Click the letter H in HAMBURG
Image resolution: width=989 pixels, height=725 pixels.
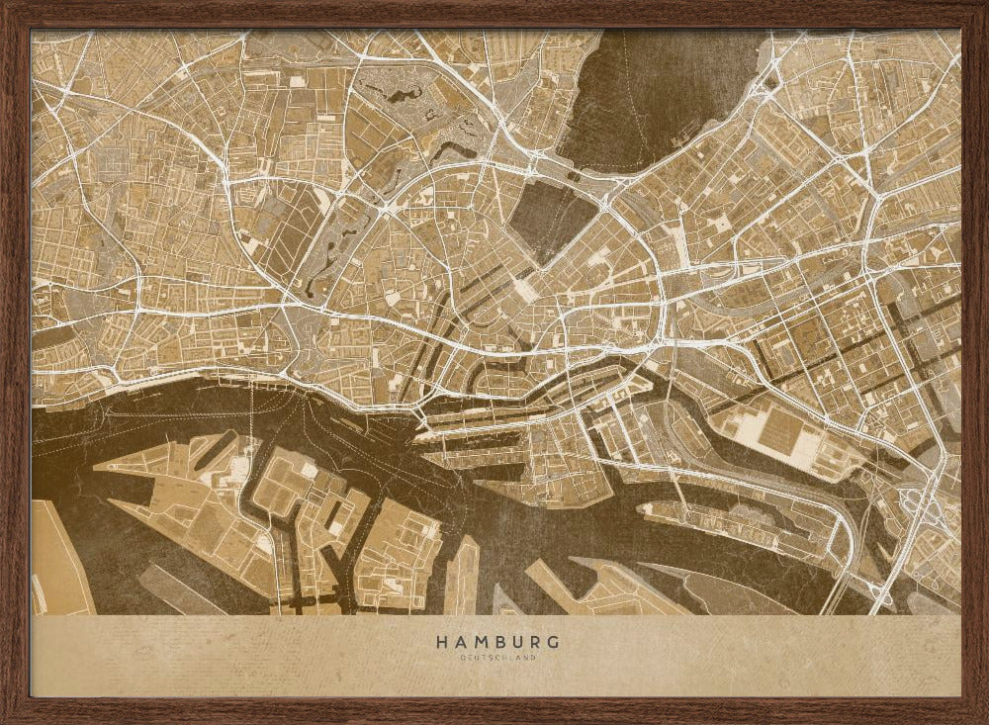(x=440, y=642)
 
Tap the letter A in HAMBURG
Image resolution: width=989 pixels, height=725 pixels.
(x=459, y=642)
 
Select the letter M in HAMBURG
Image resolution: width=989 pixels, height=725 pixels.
(x=480, y=642)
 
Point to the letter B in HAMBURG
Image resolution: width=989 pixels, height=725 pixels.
(x=499, y=642)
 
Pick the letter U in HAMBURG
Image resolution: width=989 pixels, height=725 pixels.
(x=518, y=642)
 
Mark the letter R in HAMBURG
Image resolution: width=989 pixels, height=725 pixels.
(x=536, y=642)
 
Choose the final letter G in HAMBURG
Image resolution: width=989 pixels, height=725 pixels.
(x=555, y=642)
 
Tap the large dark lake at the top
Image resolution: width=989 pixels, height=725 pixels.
(x=653, y=94)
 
